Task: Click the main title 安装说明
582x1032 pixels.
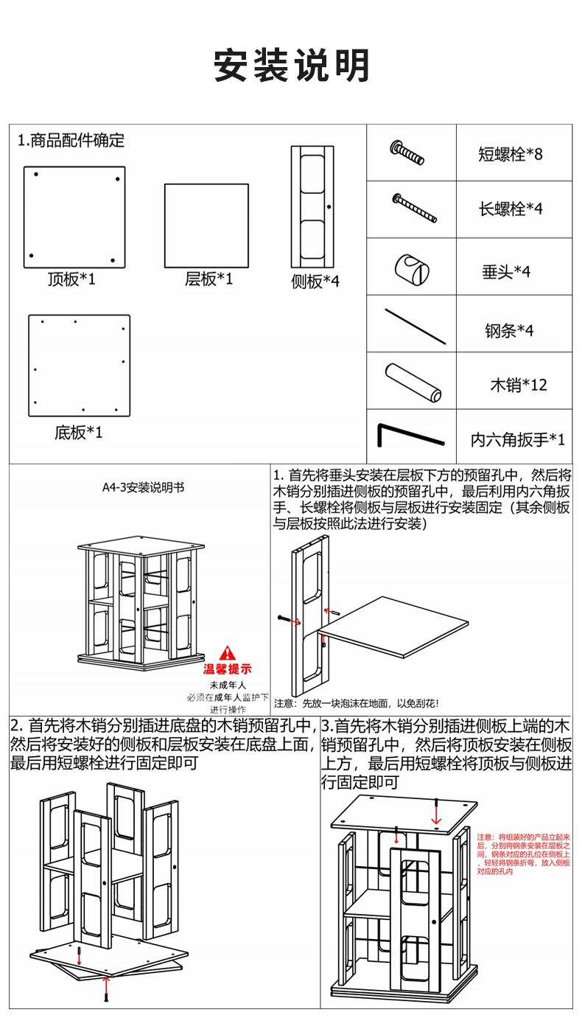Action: (x=292, y=66)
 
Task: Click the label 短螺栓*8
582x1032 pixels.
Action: (x=510, y=154)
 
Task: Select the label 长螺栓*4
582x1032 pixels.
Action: (x=510, y=209)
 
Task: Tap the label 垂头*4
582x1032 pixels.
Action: (x=506, y=271)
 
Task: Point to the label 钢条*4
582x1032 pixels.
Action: (x=508, y=331)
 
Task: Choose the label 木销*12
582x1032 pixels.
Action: (x=519, y=385)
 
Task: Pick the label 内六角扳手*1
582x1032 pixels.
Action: (x=518, y=440)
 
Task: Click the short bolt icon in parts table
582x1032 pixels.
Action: (x=407, y=153)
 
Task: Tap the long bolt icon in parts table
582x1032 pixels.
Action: (x=414, y=209)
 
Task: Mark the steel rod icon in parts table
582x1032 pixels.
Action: (x=415, y=326)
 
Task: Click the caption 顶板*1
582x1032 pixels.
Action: (x=71, y=279)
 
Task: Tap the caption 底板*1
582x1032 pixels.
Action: (x=78, y=432)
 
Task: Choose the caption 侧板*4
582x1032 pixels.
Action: (x=315, y=281)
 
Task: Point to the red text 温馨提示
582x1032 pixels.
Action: (x=228, y=669)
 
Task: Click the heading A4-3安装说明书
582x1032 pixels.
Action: (x=143, y=487)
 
